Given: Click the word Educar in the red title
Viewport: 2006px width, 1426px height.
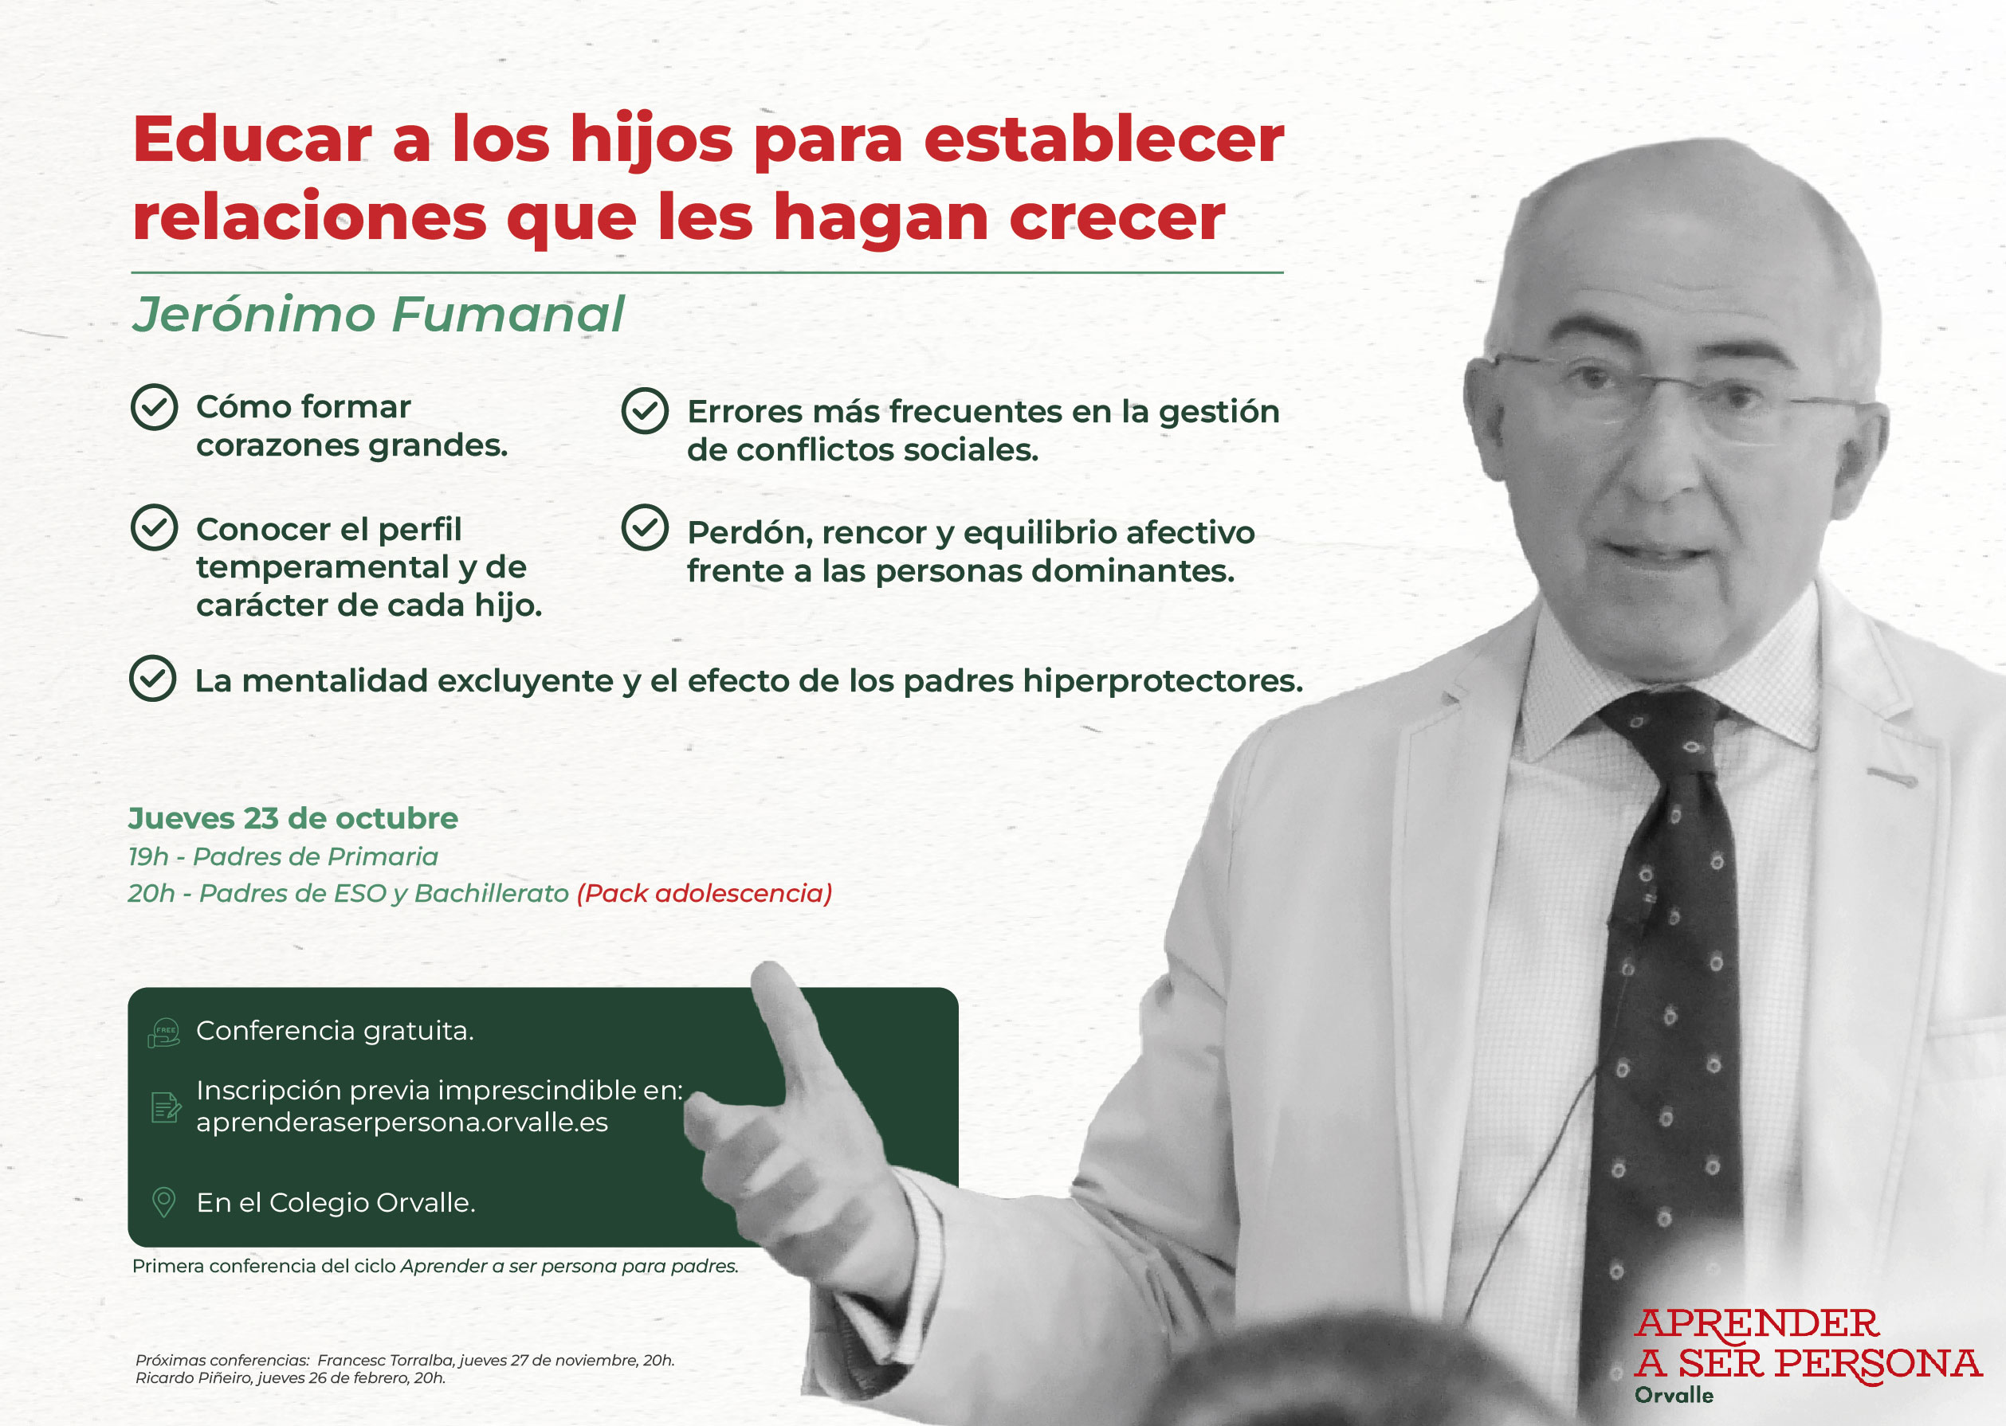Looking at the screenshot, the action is point(253,139).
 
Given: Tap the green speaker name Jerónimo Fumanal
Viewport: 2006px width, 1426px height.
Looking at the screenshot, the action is point(378,315).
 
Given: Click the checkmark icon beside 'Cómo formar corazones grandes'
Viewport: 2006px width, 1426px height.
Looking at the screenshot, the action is point(155,407).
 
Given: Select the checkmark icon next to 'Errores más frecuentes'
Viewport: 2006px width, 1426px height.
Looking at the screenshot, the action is point(646,411).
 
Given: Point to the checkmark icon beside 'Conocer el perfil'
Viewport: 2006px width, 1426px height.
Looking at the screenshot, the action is point(155,527).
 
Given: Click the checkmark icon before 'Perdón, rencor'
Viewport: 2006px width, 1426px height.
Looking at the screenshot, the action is point(646,527).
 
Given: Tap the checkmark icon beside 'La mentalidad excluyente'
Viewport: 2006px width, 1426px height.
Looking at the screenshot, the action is point(153,679).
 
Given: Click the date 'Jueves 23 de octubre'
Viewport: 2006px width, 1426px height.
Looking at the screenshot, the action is point(293,818).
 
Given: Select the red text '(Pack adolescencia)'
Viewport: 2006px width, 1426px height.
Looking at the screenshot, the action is point(705,894).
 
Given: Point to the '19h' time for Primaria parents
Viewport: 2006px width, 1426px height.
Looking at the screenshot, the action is point(148,856).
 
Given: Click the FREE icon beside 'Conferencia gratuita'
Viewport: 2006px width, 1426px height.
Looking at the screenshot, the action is point(164,1032).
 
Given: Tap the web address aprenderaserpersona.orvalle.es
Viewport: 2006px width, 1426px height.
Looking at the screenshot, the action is point(402,1123).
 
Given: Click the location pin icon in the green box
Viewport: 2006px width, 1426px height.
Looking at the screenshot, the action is point(164,1202).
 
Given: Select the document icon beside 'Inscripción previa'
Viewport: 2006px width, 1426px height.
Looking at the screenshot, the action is point(165,1107).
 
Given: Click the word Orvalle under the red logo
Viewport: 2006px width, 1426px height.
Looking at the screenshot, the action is point(1674,1395).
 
